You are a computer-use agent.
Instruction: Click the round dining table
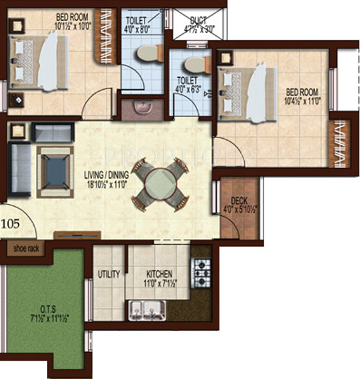click(x=160, y=184)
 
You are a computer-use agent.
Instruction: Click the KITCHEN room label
click(x=159, y=275)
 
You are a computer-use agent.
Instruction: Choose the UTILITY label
click(x=109, y=275)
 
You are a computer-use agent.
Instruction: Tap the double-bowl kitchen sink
click(x=147, y=309)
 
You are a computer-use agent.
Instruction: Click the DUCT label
click(x=198, y=20)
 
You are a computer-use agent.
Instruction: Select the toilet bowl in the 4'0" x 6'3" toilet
click(x=193, y=63)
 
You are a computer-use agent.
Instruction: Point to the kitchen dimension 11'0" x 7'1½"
click(x=159, y=284)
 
